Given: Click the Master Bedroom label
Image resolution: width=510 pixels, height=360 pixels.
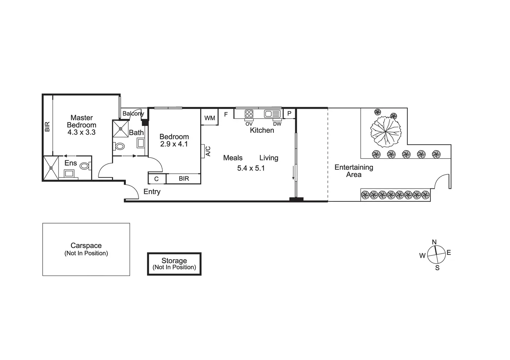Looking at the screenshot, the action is [x=81, y=121].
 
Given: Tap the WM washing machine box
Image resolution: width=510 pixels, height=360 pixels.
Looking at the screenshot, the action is [x=210, y=117].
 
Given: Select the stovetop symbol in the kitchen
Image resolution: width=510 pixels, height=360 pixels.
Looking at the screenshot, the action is [x=249, y=114].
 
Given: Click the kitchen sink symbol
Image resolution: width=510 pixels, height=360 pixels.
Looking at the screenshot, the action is [x=272, y=114].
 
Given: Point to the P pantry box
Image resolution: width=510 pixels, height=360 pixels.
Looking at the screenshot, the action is [x=289, y=113].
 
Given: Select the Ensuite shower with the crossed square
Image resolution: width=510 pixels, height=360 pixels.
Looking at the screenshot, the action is [x=51, y=168].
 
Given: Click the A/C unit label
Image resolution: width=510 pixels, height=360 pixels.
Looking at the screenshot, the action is [x=208, y=151].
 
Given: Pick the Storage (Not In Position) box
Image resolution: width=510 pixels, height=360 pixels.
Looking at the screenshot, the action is [x=174, y=264].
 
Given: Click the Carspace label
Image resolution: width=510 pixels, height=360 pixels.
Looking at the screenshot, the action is [x=86, y=245].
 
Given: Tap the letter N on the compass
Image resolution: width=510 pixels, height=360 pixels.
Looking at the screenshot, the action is [x=434, y=242].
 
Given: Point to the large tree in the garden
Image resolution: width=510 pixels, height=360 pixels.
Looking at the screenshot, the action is [x=386, y=132].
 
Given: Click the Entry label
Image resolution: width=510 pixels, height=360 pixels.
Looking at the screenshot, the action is [x=152, y=192].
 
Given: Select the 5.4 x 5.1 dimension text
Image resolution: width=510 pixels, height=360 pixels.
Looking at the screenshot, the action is [x=251, y=168].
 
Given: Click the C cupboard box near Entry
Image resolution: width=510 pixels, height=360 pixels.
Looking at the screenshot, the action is [x=157, y=179].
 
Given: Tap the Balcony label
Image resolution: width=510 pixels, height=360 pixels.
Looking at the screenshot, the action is [x=133, y=113].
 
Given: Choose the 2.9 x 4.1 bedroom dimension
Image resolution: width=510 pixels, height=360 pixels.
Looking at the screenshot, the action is [x=174, y=144].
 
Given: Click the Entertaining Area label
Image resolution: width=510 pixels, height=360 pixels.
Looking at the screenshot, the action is [x=354, y=171].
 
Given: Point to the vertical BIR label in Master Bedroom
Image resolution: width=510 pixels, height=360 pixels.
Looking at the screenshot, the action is [x=47, y=126].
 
